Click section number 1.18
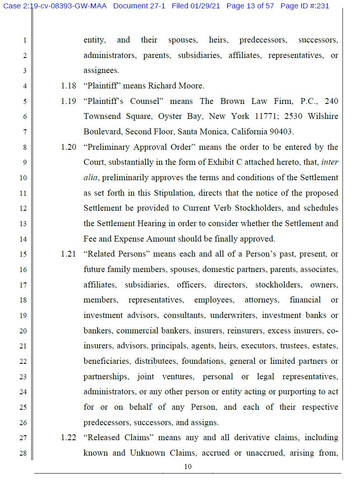(x=68, y=86)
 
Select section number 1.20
(x=68, y=147)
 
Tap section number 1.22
(x=68, y=438)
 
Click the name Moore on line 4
(x=191, y=86)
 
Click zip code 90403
(x=280, y=132)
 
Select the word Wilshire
(x=323, y=116)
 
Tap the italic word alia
(x=90, y=178)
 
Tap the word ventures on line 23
(x=178, y=377)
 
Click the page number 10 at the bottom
(x=188, y=466)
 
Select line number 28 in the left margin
(x=23, y=453)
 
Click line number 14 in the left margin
(x=23, y=239)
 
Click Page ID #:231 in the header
(x=305, y=6)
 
